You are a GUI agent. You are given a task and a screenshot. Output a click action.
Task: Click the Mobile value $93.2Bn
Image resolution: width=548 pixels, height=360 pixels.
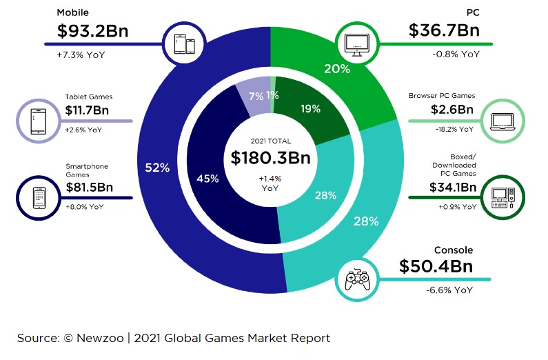(92, 32)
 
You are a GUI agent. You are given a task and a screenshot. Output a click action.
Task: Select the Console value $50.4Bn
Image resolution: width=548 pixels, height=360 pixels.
(436, 266)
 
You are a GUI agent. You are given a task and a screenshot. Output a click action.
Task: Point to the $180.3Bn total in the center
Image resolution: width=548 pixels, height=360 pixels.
(270, 158)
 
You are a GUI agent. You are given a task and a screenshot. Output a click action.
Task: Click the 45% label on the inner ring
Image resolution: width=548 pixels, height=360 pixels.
(207, 179)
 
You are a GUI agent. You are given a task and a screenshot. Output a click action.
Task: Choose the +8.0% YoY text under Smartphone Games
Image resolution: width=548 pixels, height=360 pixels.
(85, 206)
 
